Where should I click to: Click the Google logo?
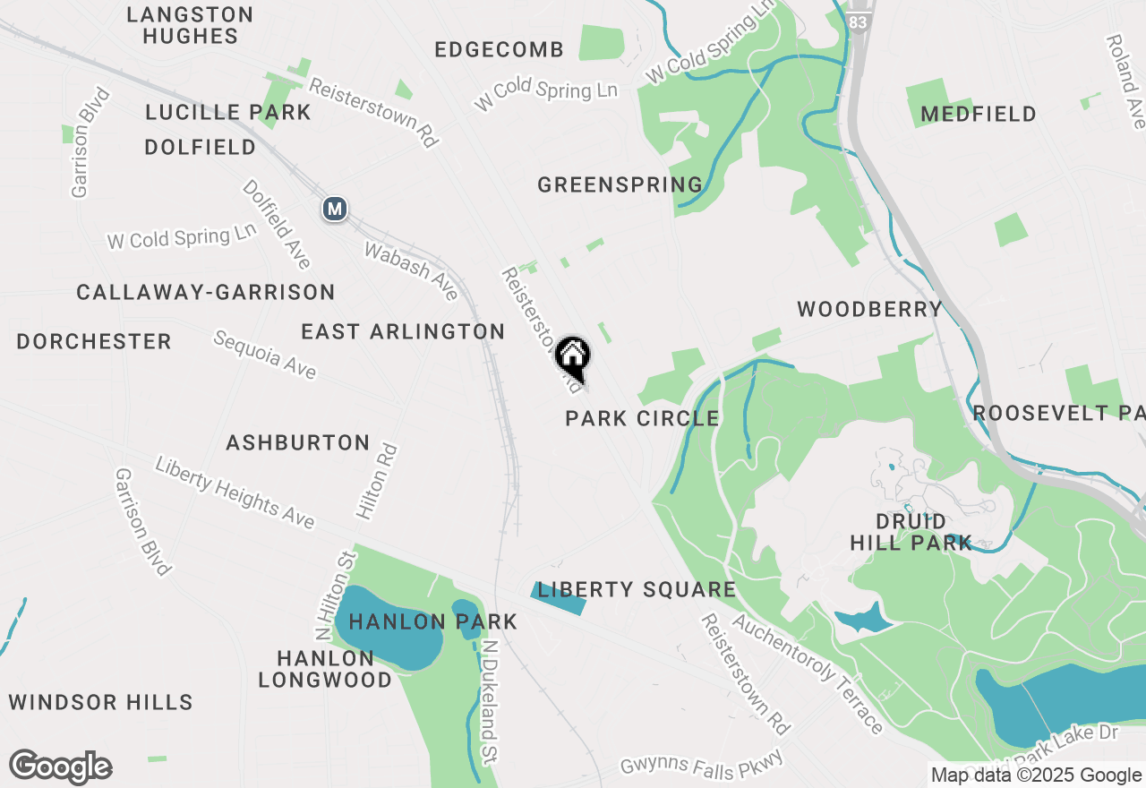coord(60,767)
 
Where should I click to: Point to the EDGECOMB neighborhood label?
coord(500,50)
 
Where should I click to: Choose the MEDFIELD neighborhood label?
coord(979,115)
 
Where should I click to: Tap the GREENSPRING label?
coord(620,185)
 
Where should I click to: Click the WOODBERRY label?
coord(869,310)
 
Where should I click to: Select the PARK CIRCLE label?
coord(642,418)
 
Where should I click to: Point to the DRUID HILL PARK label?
coord(911,532)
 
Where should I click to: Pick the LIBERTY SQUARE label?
coord(637,589)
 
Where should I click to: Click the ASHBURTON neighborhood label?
coord(298,442)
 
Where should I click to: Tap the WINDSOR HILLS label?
coord(101,702)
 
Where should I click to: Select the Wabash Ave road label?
coord(411,270)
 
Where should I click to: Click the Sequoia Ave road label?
coord(265,354)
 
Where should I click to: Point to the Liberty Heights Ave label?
coord(235,492)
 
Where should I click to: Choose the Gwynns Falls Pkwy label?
coord(703,764)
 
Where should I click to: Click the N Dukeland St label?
coord(490,701)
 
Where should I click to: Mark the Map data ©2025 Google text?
coord(1035,775)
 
